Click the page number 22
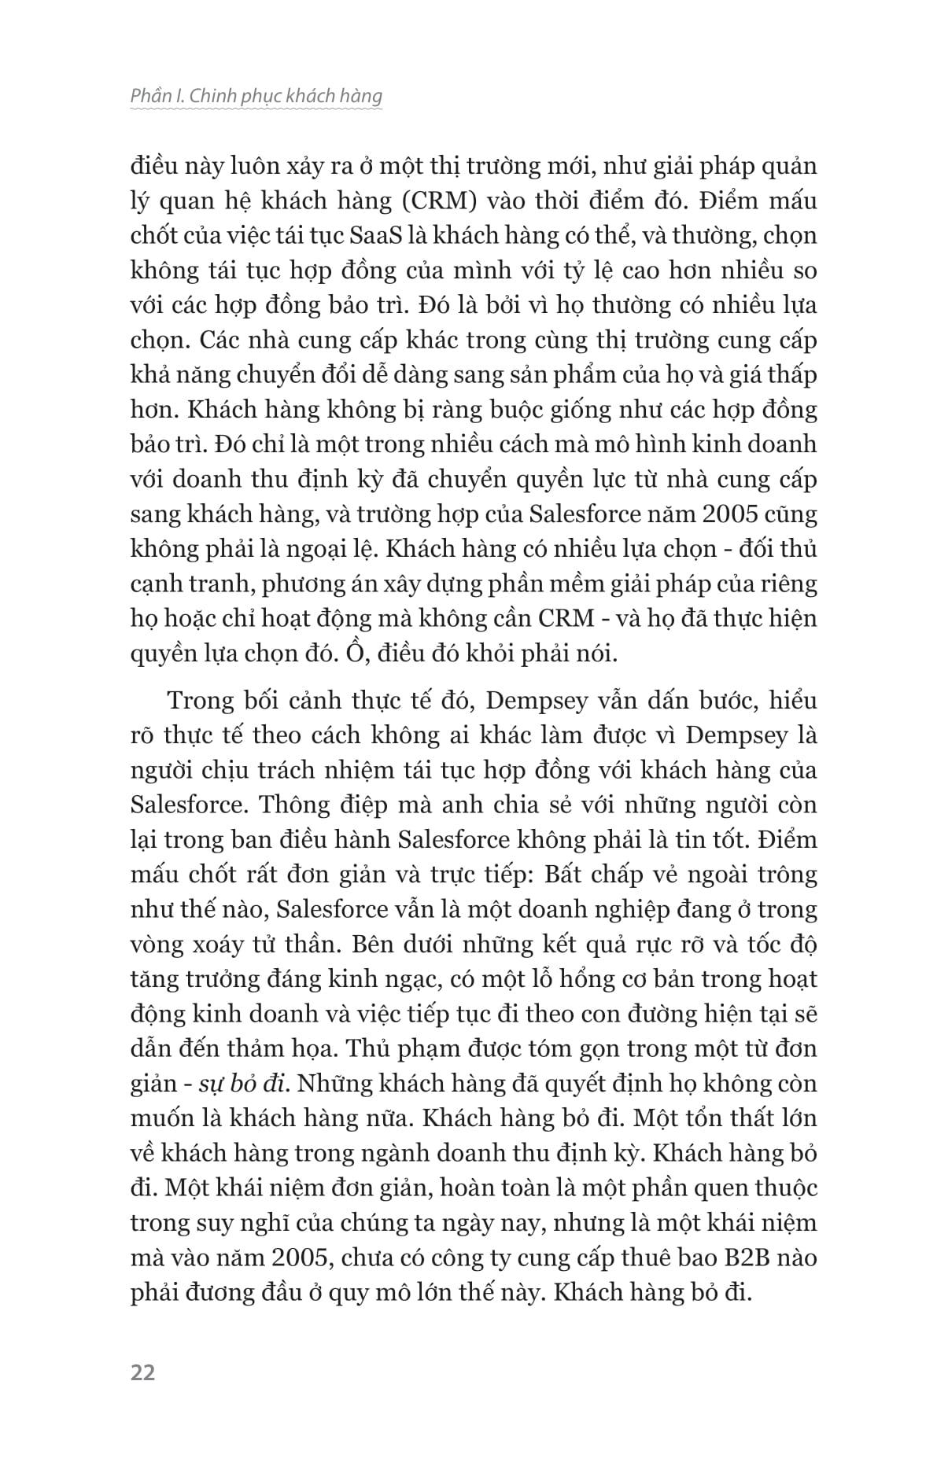pos(143,1372)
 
